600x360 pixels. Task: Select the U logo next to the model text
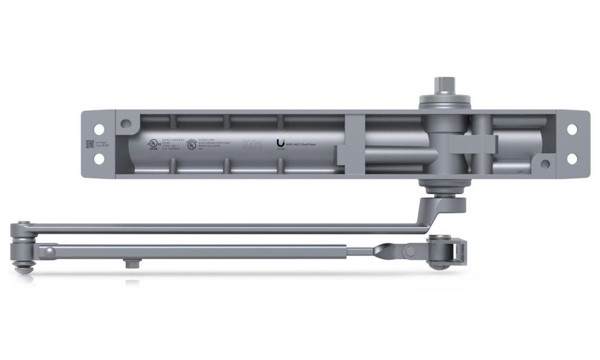pyautogui.click(x=280, y=144)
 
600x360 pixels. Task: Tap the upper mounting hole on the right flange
pyautogui.click(x=572, y=129)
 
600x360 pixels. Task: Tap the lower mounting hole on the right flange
pyautogui.click(x=572, y=159)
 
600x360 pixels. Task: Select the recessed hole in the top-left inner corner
pyautogui.click(x=126, y=124)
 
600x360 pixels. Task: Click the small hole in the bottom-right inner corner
pyautogui.click(x=544, y=163)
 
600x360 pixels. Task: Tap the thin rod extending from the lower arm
pyautogui.click(x=360, y=248)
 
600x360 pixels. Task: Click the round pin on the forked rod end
pyautogui.click(x=410, y=249)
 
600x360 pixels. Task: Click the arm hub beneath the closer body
pyautogui.click(x=445, y=203)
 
